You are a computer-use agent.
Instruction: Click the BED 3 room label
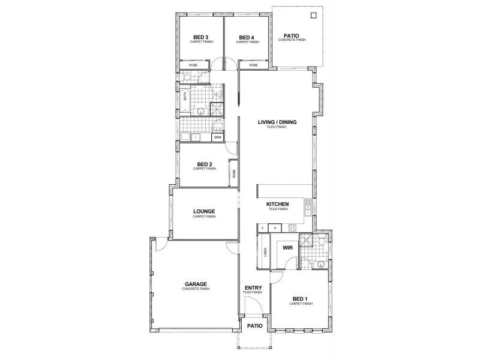pyautogui.click(x=193, y=37)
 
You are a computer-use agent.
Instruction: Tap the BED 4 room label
pyautogui.click(x=247, y=37)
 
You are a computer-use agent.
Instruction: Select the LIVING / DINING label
pyautogui.click(x=277, y=122)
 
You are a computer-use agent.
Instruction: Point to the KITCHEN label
pyautogui.click(x=278, y=204)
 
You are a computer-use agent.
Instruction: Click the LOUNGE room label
pyautogui.click(x=204, y=211)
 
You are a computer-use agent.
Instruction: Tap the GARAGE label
pyautogui.click(x=196, y=284)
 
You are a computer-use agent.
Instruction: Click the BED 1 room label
pyautogui.click(x=300, y=299)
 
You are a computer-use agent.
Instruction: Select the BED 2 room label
pyautogui.click(x=205, y=164)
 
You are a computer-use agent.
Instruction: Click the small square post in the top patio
pyautogui.click(x=313, y=16)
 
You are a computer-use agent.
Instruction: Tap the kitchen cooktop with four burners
pyautogui.click(x=293, y=228)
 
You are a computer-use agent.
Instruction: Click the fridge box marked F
pyautogui.click(x=263, y=228)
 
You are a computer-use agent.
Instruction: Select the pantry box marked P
pyautogui.click(x=275, y=228)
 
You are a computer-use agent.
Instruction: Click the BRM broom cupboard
pyautogui.click(x=217, y=137)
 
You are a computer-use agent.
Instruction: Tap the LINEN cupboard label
pyautogui.click(x=265, y=254)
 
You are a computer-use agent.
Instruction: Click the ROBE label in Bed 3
pyautogui.click(x=193, y=65)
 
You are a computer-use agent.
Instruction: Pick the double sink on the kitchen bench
pyautogui.click(x=308, y=207)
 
